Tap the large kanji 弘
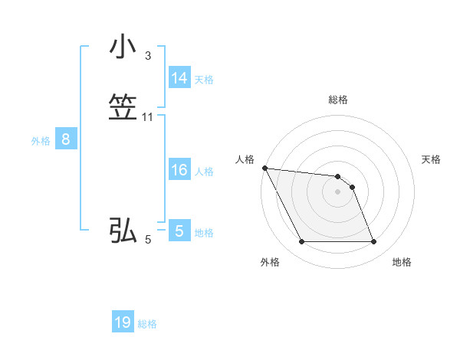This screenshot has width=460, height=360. tap(123, 231)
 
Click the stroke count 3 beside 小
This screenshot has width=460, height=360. tap(148, 56)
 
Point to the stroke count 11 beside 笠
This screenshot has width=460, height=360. tap(148, 117)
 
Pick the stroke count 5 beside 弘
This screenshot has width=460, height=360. tap(148, 240)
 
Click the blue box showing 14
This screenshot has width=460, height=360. tap(179, 78)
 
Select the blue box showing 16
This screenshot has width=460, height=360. tap(179, 170)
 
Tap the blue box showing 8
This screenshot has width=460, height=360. tap(66, 139)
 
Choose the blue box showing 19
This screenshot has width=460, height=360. tap(123, 322)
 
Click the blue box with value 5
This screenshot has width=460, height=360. tap(179, 231)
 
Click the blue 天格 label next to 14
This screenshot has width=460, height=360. tap(204, 79)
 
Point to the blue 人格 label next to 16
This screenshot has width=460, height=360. tap(204, 171)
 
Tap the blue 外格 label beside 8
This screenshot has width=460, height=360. tap(41, 140)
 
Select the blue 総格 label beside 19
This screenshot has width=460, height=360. tap(147, 324)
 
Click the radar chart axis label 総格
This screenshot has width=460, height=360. tap(338, 100)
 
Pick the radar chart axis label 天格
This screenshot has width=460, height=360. tap(431, 159)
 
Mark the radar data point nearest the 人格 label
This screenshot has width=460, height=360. tap(264, 168)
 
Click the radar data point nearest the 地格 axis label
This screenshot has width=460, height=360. tap(373, 242)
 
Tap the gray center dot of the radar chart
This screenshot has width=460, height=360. tap(338, 191)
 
